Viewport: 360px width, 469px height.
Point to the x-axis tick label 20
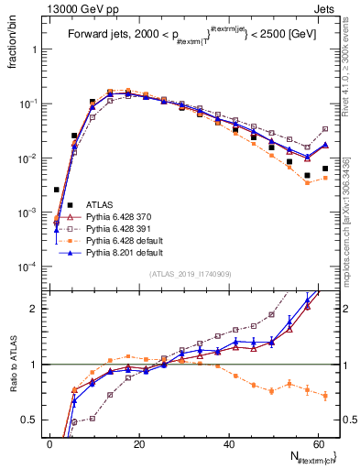pyautogui.click(x=138, y=443)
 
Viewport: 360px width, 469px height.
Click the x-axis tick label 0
pyautogui.click(x=49, y=443)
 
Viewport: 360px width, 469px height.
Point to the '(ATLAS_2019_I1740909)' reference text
pyautogui.click(x=190, y=275)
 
